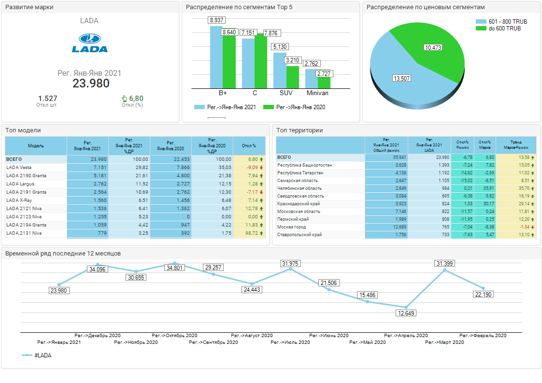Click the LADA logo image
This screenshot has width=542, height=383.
click(x=90, y=43)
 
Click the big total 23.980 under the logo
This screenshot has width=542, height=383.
click(x=91, y=83)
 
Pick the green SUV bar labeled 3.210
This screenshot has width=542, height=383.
click(x=293, y=77)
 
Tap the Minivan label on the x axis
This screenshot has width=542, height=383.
click(x=318, y=93)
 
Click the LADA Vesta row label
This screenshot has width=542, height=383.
click(x=19, y=167)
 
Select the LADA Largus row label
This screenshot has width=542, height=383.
click(x=20, y=184)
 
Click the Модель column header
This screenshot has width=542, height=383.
click(x=36, y=145)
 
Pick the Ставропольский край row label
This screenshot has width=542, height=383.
click(x=300, y=235)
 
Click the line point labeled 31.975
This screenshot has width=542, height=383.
click(x=290, y=269)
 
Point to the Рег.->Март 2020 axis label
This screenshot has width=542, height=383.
click(x=444, y=342)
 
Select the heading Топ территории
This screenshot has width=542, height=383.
click(x=300, y=130)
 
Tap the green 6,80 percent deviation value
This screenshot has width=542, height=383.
click(x=136, y=99)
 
